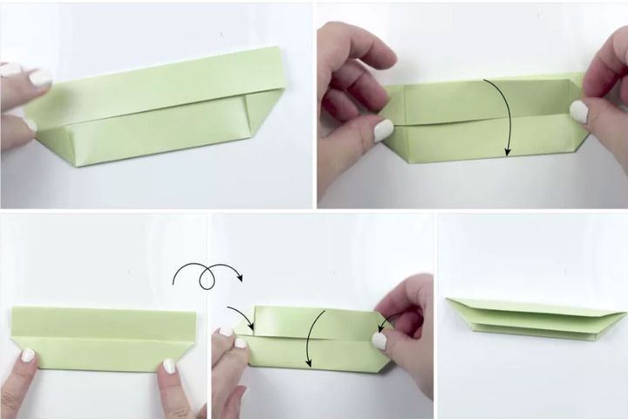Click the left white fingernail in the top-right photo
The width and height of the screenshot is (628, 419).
(x=384, y=131)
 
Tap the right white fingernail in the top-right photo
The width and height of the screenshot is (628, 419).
(x=578, y=109)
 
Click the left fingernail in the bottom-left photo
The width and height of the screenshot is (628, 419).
(x=28, y=356)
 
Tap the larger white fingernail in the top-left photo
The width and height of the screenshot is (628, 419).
(x=40, y=77)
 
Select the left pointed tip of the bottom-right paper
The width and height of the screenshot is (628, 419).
(x=450, y=301)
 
